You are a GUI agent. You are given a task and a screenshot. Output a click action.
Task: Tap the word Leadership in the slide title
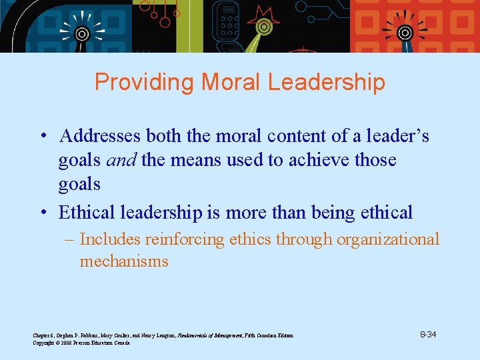click(x=326, y=82)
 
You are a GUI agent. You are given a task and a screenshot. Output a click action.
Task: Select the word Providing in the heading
click(x=145, y=82)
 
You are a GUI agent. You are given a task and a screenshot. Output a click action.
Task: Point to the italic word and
click(x=120, y=160)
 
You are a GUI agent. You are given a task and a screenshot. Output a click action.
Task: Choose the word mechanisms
click(x=124, y=261)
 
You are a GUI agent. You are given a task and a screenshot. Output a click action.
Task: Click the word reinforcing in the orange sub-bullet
click(x=182, y=239)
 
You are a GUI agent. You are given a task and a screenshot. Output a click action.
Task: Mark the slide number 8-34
click(x=427, y=334)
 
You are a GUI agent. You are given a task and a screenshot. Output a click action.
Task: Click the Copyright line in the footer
click(x=81, y=343)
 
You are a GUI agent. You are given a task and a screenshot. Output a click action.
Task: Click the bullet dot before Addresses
click(x=42, y=137)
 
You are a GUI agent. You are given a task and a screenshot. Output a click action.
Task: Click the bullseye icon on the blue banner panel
click(x=82, y=33)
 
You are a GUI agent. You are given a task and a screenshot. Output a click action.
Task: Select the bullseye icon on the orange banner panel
click(x=404, y=32)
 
